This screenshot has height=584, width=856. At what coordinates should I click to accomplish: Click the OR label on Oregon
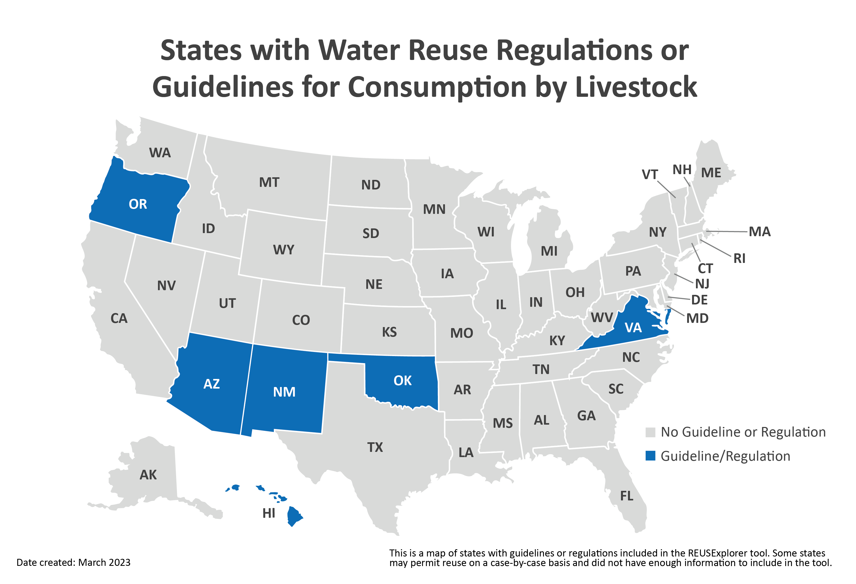[x=138, y=204]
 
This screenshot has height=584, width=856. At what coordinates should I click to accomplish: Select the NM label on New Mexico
[x=284, y=392]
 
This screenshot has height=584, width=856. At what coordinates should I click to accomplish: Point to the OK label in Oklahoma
[x=402, y=381]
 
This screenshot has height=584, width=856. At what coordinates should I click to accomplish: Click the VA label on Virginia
[x=633, y=328]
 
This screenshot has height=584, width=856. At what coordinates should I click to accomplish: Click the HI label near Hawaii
[x=269, y=513]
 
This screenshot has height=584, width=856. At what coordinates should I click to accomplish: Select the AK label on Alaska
[x=148, y=475]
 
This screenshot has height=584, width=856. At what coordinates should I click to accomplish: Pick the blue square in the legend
[x=651, y=456]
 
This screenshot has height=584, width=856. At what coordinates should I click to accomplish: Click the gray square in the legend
[x=651, y=432]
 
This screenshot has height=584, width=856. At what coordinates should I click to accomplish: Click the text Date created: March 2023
[x=73, y=563]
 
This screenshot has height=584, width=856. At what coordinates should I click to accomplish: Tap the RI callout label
[x=739, y=259]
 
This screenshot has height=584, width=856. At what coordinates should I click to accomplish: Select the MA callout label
[x=760, y=232]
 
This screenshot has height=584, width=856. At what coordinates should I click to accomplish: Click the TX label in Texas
[x=375, y=447]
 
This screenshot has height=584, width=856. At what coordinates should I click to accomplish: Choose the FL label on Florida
[x=626, y=496]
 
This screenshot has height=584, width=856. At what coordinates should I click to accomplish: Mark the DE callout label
[x=699, y=300]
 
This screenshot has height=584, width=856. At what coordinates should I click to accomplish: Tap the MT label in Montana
[x=269, y=182]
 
